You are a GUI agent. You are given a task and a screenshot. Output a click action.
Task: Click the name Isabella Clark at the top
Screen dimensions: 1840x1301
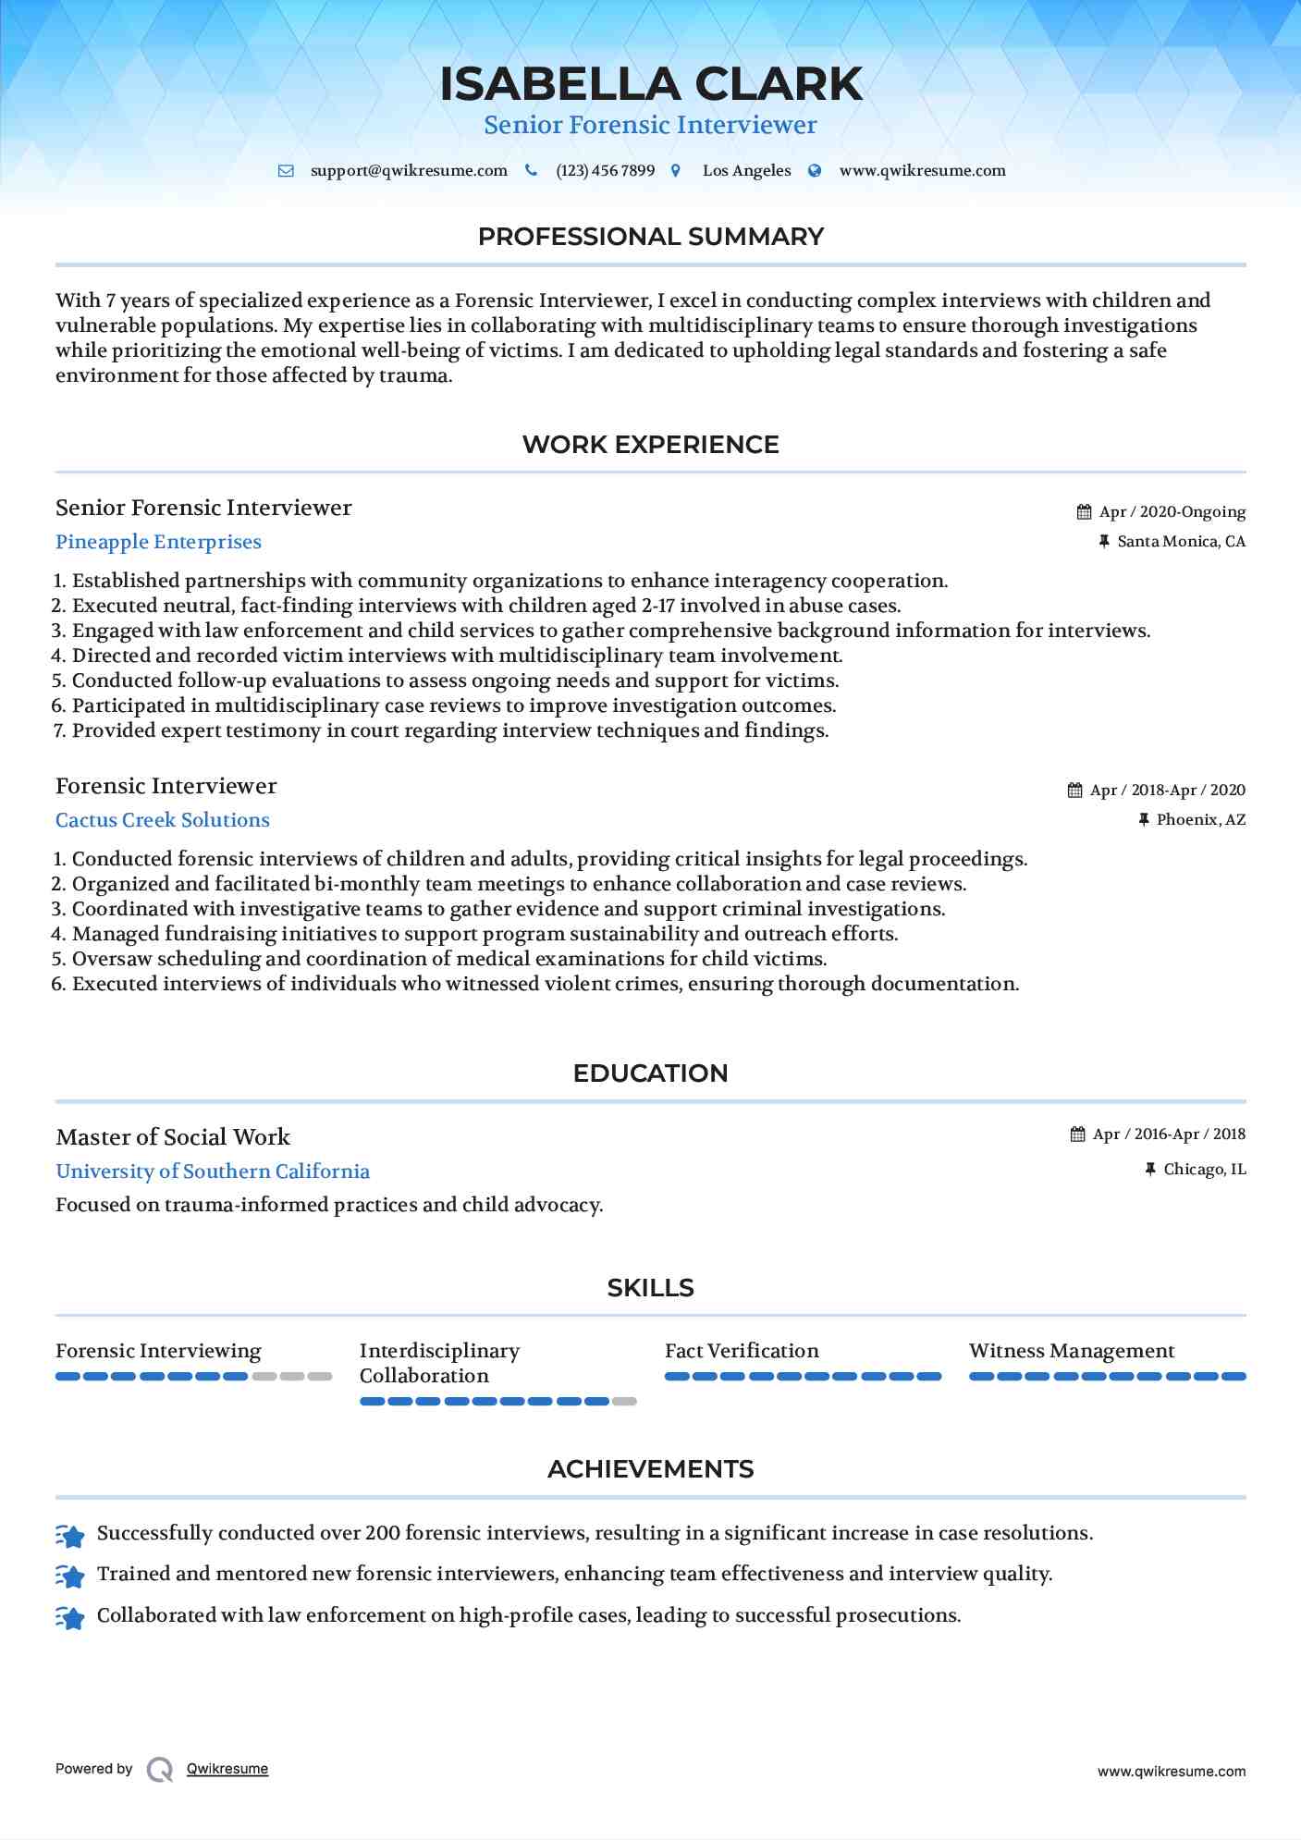[x=650, y=84]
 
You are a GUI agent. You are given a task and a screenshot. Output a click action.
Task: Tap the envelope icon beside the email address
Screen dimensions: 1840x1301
[x=286, y=171]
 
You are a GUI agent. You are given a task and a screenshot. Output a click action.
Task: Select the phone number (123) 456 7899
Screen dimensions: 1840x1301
[x=605, y=171]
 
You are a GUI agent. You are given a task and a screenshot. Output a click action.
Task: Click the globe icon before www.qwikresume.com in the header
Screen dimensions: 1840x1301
[x=815, y=171]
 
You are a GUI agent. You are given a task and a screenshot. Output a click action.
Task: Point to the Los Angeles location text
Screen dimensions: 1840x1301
[x=746, y=171]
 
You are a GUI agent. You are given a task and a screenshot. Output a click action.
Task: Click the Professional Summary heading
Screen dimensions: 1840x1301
[x=650, y=237]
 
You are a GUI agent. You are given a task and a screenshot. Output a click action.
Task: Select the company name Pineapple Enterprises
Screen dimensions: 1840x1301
[x=158, y=542]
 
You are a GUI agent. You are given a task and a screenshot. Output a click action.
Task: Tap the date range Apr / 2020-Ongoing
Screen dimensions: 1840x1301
[x=1172, y=512]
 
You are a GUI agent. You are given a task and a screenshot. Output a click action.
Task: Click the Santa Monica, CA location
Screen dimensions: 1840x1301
[x=1181, y=542]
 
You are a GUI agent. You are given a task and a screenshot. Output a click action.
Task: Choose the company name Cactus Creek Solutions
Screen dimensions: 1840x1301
[x=163, y=820]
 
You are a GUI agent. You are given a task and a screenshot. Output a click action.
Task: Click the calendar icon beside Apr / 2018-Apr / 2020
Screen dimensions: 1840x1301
[x=1074, y=791]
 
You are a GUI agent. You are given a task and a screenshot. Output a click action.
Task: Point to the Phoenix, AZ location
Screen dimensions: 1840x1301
[x=1200, y=820]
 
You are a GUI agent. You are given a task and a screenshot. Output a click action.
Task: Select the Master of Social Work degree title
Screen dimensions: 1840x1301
[x=173, y=1137]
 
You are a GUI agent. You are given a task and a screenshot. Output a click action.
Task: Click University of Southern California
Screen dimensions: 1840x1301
[x=213, y=1171]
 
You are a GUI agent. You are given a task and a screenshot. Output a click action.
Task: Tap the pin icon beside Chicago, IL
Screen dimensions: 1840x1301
[x=1150, y=1170]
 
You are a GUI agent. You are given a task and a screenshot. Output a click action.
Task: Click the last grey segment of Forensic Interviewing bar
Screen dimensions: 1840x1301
[x=320, y=1377]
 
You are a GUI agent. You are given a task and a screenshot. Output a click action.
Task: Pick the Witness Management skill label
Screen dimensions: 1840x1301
[x=1072, y=1351]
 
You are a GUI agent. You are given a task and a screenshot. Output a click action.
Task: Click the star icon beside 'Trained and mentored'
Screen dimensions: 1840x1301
[x=70, y=1575]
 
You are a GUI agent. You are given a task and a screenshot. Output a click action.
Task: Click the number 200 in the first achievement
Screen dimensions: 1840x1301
[x=383, y=1533]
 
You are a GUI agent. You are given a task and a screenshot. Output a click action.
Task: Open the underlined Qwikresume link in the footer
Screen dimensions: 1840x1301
[x=227, y=1769]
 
